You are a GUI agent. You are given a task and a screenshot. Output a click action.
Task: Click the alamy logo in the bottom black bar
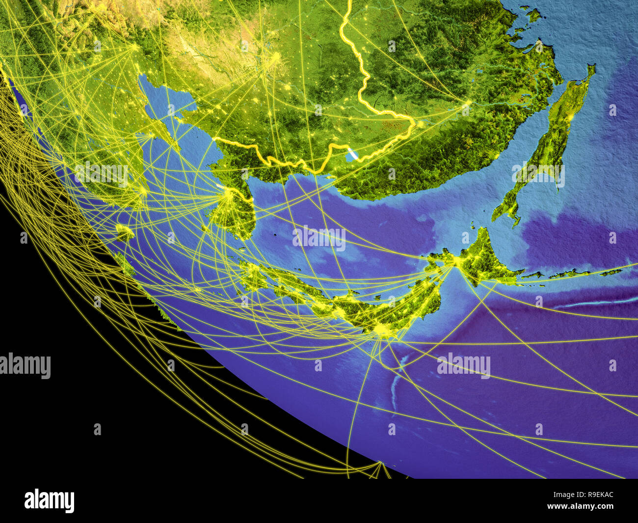pyautogui.click(x=49, y=500)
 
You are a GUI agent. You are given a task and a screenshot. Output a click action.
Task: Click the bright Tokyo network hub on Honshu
pyautogui.click(x=382, y=330)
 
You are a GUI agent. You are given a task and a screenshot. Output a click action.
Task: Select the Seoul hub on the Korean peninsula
pyautogui.click(x=227, y=195)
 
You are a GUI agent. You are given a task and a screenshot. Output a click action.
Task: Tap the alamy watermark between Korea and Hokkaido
pyautogui.click(x=319, y=238)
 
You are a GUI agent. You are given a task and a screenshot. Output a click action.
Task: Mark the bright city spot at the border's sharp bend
pyautogui.click(x=419, y=124)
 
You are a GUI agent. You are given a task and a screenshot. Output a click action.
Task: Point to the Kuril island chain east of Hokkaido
pyautogui.click(x=564, y=274)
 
